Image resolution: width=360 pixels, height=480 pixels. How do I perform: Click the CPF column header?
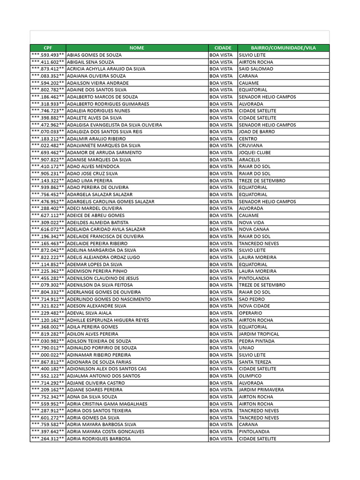[48, 48]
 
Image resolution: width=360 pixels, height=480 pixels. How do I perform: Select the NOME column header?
[137, 48]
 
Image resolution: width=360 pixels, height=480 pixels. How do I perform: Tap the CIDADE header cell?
[223, 48]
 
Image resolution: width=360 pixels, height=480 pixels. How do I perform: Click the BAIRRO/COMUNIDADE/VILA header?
[283, 48]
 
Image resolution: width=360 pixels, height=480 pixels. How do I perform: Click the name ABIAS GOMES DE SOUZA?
[94, 55]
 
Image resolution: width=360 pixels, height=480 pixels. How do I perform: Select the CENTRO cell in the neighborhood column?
[248, 139]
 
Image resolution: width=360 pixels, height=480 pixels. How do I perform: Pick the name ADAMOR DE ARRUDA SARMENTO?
[104, 153]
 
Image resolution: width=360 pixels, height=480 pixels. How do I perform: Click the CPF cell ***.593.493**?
[48, 55]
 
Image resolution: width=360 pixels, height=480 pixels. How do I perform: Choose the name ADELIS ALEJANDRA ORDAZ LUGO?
[104, 257]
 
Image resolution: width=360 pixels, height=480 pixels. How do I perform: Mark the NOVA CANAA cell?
[254, 229]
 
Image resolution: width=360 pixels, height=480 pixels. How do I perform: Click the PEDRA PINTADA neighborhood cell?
[256, 341]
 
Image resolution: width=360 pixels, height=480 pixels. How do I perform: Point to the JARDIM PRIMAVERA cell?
[261, 390]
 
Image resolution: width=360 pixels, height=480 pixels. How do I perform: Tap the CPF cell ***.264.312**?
[48, 439]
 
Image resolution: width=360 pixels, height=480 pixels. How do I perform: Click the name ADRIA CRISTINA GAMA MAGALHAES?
[107, 404]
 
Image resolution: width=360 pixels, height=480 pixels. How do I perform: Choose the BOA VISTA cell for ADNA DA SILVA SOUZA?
[221, 397]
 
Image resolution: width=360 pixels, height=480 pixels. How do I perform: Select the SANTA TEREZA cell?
[255, 362]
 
